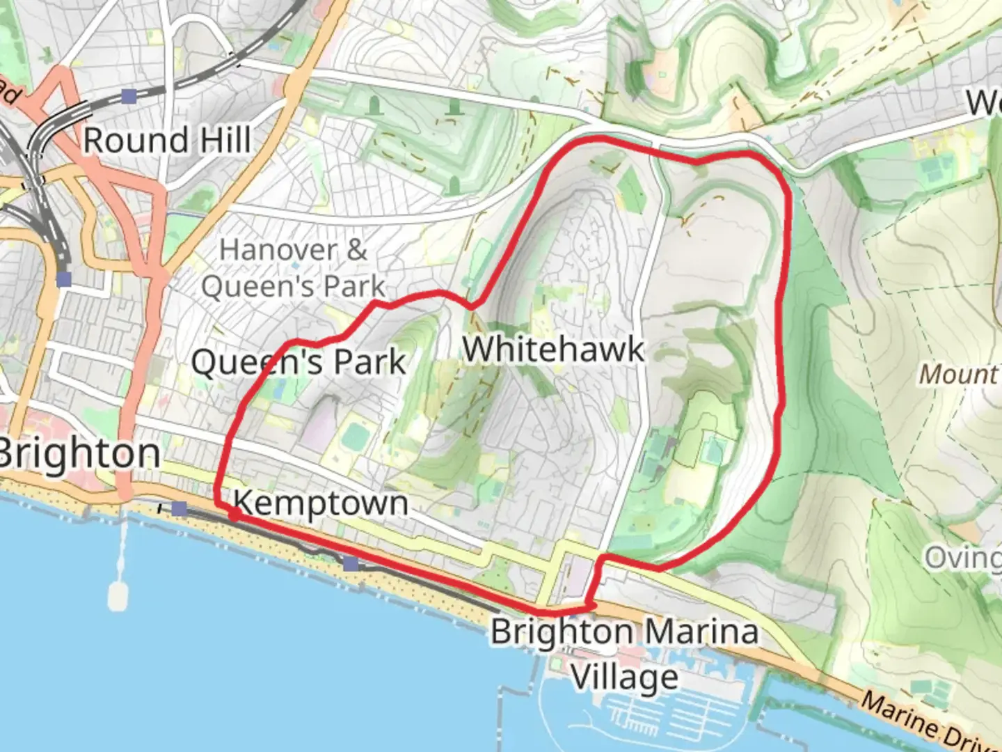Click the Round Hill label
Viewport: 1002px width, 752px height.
pyautogui.click(x=167, y=141)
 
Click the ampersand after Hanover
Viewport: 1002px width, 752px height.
pyautogui.click(x=356, y=250)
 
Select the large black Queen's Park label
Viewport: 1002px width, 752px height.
pyautogui.click(x=298, y=363)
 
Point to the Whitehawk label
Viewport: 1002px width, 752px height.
pyautogui.click(x=553, y=350)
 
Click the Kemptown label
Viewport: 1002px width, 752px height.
pyautogui.click(x=320, y=503)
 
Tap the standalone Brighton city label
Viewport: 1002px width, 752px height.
pyautogui.click(x=78, y=455)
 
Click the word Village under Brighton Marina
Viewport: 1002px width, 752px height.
pyautogui.click(x=625, y=677)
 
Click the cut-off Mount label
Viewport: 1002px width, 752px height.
pyautogui.click(x=959, y=375)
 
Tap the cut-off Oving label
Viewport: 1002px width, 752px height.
pyautogui.click(x=963, y=558)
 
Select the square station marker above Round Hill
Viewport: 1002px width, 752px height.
pyautogui.click(x=129, y=96)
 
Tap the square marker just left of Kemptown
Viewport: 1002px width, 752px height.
pyautogui.click(x=180, y=509)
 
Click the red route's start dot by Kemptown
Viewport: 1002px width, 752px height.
pyautogui.click(x=235, y=515)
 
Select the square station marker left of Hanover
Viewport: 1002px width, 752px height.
pyautogui.click(x=64, y=280)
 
